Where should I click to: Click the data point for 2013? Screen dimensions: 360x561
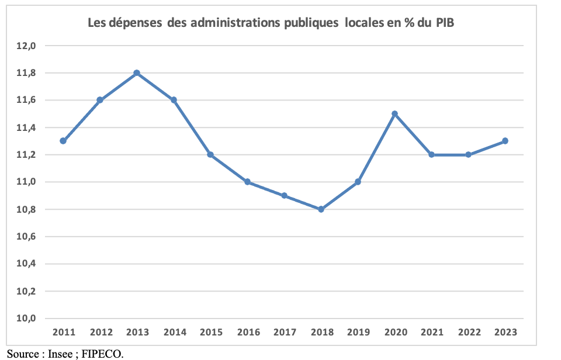[x=137, y=73]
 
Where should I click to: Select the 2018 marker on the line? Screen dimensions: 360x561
[x=321, y=209]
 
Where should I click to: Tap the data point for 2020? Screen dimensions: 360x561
[x=394, y=113]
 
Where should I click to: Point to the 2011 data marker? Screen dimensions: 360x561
[x=63, y=141]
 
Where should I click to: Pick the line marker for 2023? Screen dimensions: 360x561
[x=505, y=141]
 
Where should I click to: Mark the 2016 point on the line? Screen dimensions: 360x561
[x=247, y=182]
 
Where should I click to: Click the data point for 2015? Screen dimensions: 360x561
[x=210, y=155]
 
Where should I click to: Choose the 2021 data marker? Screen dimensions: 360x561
[x=431, y=155]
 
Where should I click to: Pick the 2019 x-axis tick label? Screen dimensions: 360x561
[x=358, y=333]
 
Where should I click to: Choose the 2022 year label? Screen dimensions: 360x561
[x=468, y=333]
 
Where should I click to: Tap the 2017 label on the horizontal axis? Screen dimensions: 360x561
[x=284, y=333]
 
